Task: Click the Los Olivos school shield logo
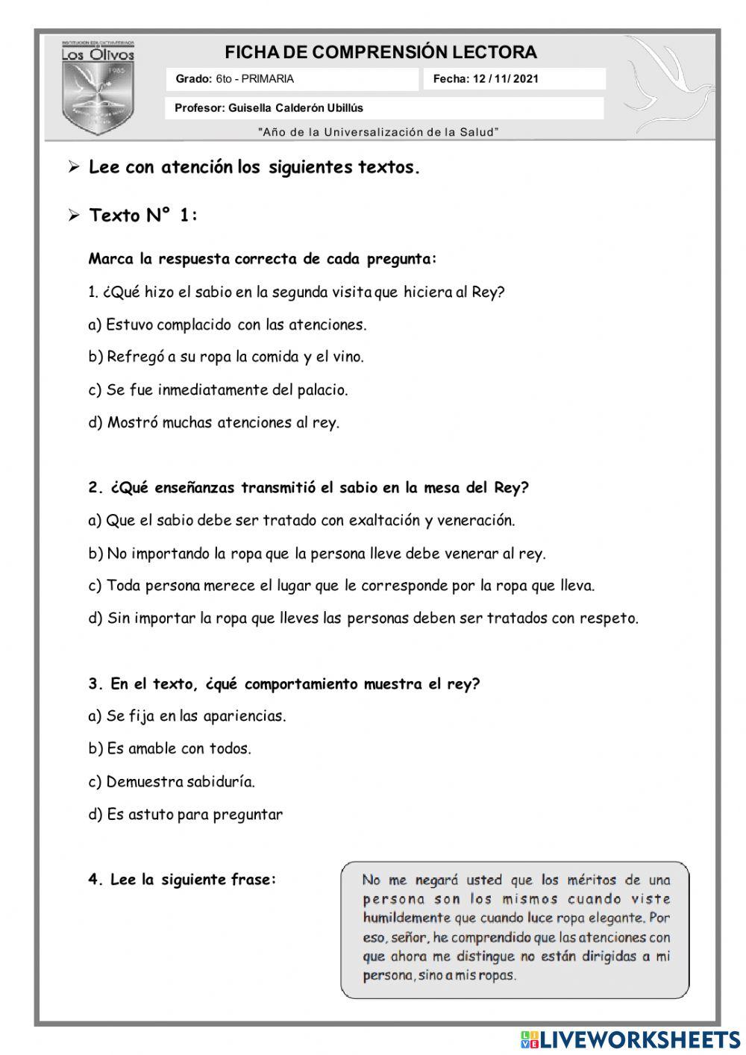pyautogui.click(x=98, y=88)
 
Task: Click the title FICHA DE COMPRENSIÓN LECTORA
pyautogui.click(x=380, y=52)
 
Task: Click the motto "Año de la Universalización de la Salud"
pyautogui.click(x=378, y=132)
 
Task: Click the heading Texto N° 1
pyautogui.click(x=143, y=216)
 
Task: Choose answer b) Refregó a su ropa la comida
pyautogui.click(x=226, y=357)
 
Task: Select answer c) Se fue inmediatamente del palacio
pyautogui.click(x=218, y=389)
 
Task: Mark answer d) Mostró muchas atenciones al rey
pyautogui.click(x=213, y=423)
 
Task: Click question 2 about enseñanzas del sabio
pyautogui.click(x=308, y=488)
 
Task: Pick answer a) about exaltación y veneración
pyautogui.click(x=301, y=521)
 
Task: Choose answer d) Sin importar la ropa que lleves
pyautogui.click(x=363, y=619)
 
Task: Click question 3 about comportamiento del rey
pyautogui.click(x=283, y=684)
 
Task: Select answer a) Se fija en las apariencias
pyautogui.click(x=187, y=716)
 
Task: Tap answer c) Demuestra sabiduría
pyautogui.click(x=172, y=782)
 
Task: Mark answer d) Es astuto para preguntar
pyautogui.click(x=186, y=815)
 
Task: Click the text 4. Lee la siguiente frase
pyautogui.click(x=182, y=880)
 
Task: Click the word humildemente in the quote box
pyautogui.click(x=407, y=918)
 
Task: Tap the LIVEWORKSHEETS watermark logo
pyautogui.click(x=630, y=1039)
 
